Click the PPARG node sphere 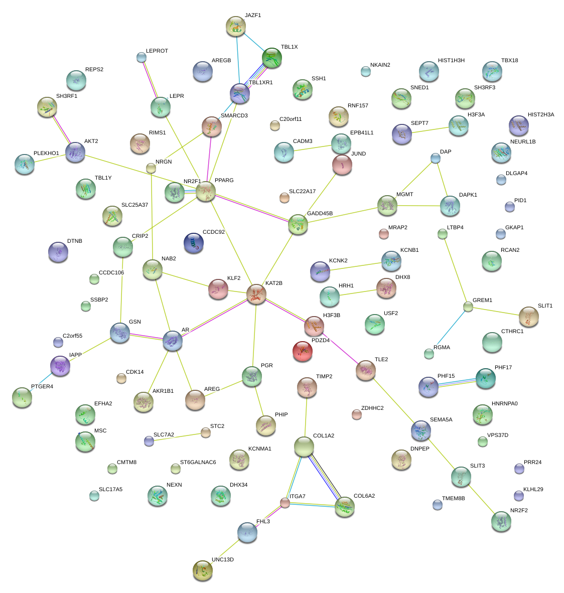pyautogui.click(x=206, y=192)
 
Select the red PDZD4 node pyautogui.click(x=302, y=351)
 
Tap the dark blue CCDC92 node pyautogui.click(x=194, y=243)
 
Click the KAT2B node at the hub pyautogui.click(x=256, y=294)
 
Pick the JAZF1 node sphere pyautogui.click(x=235, y=26)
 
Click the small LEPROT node pyautogui.click(x=142, y=58)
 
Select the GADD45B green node pyautogui.click(x=298, y=225)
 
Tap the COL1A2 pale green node pyautogui.click(x=304, y=447)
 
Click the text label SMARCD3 pyautogui.click(x=234, y=116)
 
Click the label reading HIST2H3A pyautogui.click(x=541, y=115)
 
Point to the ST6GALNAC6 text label pyautogui.click(x=198, y=462)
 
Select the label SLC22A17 pyautogui.click(x=303, y=191)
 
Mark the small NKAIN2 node pyautogui.click(x=366, y=72)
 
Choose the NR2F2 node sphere pyautogui.click(x=501, y=521)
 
